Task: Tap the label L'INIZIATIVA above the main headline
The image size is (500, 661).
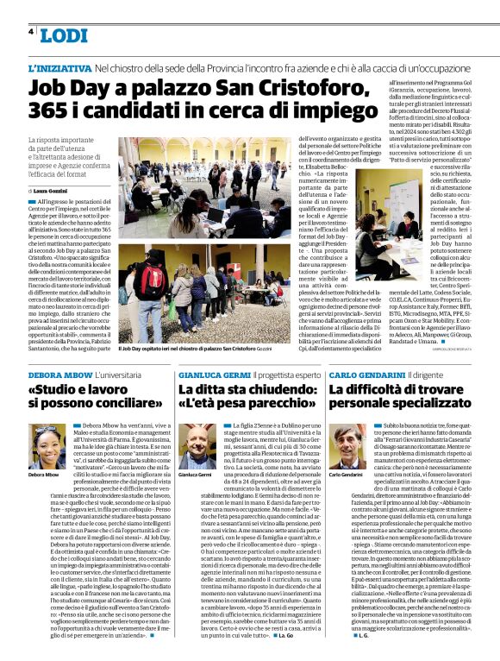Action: pos(59,67)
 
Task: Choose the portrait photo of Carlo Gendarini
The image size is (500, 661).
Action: pos(347,448)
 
